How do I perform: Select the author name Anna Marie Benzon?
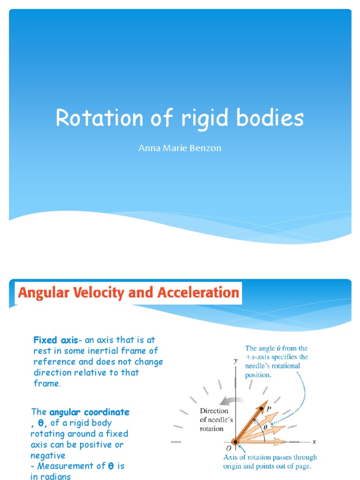coord(180,148)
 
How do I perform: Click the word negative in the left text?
coord(48,455)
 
